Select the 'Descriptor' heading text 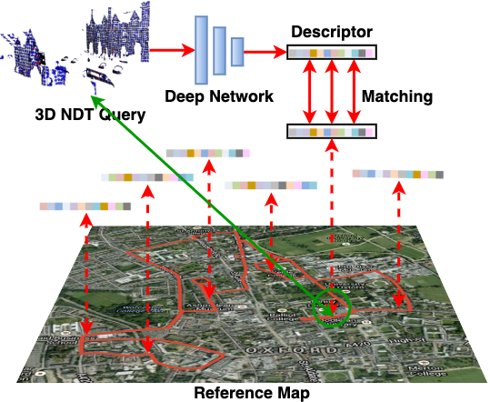click(331, 33)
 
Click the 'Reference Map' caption click(252, 393)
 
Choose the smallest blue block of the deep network click(237, 52)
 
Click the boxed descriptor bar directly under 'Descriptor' click(331, 53)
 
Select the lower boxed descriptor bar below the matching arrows click(331, 132)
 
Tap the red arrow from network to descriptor click(265, 52)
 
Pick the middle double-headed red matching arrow click(331, 93)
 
